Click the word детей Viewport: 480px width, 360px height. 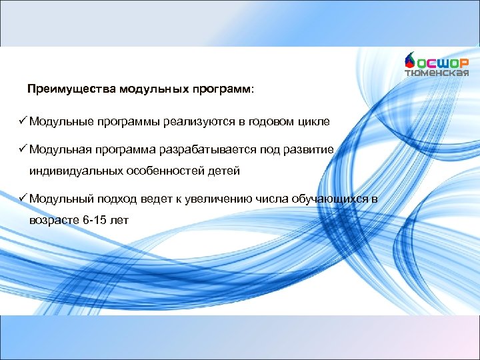(x=223, y=171)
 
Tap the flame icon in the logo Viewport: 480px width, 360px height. (x=410, y=61)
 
